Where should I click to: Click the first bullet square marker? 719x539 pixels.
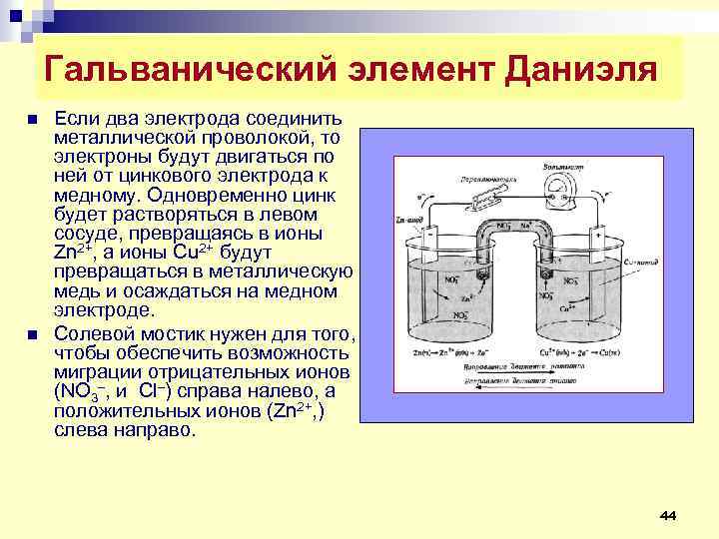(x=32, y=119)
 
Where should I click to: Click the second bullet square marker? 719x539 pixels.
(x=32, y=334)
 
